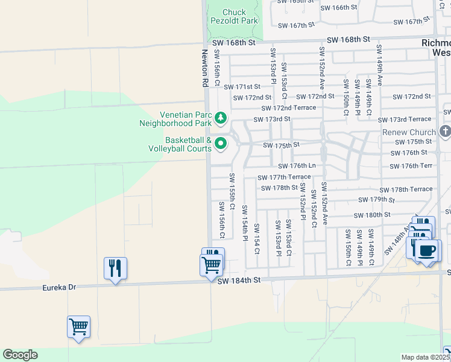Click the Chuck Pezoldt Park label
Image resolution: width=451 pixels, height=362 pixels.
pyautogui.click(x=235, y=16)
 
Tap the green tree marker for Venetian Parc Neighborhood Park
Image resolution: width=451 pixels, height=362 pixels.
pyautogui.click(x=221, y=117)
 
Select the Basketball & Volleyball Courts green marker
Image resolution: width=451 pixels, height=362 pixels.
pyautogui.click(x=221, y=144)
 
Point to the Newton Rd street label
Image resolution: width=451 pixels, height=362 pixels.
pyautogui.click(x=204, y=68)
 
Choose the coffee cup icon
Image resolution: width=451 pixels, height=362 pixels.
pyautogui.click(x=427, y=250)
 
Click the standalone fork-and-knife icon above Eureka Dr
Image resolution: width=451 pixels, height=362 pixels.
pyautogui.click(x=115, y=267)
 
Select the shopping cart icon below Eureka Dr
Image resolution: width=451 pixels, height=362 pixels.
pyautogui.click(x=79, y=327)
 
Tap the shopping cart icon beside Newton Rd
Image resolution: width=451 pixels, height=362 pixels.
pyautogui.click(x=211, y=264)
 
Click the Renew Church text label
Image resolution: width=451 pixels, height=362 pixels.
pyautogui.click(x=409, y=132)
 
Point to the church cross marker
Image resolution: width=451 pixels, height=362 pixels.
pyautogui.click(x=445, y=131)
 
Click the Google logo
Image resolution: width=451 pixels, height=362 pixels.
pyautogui.click(x=20, y=355)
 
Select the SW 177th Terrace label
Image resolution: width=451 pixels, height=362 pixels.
pyautogui.click(x=284, y=177)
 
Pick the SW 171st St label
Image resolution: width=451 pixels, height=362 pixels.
pyautogui.click(x=242, y=87)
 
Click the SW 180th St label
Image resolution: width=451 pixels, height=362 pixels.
pyautogui.click(x=372, y=215)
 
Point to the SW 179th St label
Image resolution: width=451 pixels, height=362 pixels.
pyautogui.click(x=376, y=199)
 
